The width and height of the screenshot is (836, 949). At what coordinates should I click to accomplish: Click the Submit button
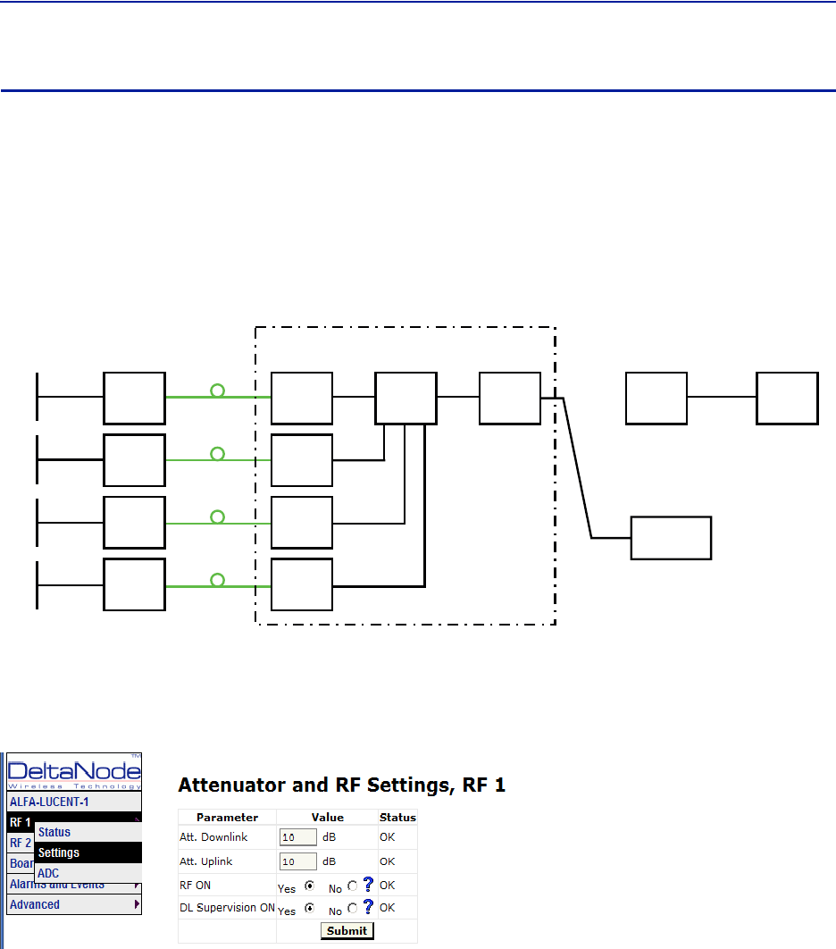pos(347,930)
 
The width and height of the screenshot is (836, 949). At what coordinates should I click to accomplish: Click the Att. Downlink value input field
pos(298,837)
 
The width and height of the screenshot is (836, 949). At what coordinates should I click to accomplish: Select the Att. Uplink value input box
pos(298,861)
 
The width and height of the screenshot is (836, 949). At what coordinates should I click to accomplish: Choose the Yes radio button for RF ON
pos(310,886)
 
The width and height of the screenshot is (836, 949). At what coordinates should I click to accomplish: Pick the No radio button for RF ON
pos(353,886)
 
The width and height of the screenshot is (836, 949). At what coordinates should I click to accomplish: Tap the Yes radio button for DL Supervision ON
pos(310,908)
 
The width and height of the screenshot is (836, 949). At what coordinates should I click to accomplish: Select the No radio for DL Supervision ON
pos(353,908)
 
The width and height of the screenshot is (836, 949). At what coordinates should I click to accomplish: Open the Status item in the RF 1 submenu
pos(54,832)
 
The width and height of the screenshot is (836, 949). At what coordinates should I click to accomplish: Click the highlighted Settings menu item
pos(59,852)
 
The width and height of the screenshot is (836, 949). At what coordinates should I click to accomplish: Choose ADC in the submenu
pos(48,873)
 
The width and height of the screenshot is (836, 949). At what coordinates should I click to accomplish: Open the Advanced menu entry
pos(36,904)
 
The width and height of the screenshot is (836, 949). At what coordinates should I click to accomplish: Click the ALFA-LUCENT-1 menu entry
pos(50,802)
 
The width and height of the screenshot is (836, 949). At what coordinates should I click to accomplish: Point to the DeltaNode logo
pos(74,771)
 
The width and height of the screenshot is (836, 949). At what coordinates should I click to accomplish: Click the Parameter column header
pos(227,817)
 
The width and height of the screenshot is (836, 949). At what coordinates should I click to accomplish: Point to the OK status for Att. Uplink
pos(387,861)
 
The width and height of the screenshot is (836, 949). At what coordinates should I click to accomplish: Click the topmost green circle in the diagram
pos(217,391)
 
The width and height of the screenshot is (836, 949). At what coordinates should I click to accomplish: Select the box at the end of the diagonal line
pos(671,538)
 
